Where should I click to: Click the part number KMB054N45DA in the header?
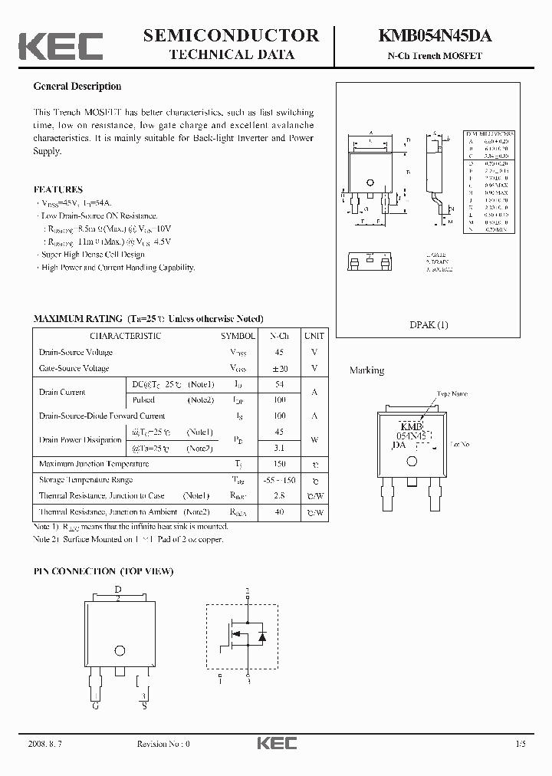point(435,35)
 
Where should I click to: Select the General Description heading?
point(77,87)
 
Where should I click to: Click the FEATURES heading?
point(58,189)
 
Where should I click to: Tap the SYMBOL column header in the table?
point(238,336)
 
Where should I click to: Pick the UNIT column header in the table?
point(314,336)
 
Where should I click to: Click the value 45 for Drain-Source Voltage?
point(279,352)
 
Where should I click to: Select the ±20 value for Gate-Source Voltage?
point(279,368)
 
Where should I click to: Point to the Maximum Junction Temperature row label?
point(94,464)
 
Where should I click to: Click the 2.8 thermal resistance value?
point(279,496)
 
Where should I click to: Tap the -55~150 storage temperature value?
point(279,480)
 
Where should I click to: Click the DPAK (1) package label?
point(429,325)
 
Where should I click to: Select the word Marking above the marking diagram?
point(366,370)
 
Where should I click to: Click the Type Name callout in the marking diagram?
point(452,394)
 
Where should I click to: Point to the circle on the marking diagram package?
point(412,461)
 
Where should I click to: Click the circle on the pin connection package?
point(120,650)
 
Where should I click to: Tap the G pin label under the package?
point(95,705)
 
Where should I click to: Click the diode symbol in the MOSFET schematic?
point(261,635)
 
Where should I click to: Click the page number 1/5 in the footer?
point(521,744)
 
